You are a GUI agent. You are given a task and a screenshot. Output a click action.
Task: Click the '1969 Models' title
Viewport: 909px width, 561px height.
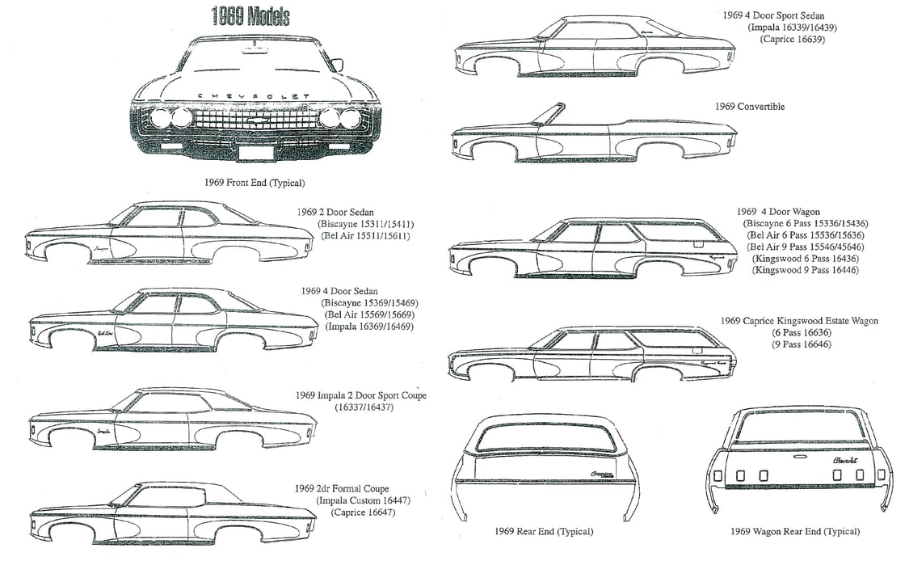click(x=250, y=16)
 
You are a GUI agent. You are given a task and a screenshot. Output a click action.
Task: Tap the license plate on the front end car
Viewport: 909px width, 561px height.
click(x=255, y=152)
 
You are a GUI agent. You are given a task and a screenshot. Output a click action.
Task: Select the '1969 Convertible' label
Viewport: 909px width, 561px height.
click(x=749, y=107)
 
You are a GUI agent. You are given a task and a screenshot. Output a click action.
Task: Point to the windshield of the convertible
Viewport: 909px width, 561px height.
click(x=549, y=114)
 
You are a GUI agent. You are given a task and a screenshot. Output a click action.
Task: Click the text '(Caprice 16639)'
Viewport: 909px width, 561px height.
click(x=792, y=39)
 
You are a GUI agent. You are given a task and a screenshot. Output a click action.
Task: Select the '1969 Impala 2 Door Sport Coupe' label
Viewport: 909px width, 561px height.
click(x=360, y=395)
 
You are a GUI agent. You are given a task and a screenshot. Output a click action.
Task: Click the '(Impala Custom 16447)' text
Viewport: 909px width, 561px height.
click(x=364, y=500)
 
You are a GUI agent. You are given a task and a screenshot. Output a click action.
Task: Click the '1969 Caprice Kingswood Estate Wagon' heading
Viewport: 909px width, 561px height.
click(x=799, y=321)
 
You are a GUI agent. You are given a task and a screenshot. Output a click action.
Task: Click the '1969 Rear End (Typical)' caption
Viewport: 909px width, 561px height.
click(x=543, y=531)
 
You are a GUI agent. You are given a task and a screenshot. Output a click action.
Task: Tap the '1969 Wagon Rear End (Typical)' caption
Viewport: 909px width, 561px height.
click(x=794, y=531)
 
